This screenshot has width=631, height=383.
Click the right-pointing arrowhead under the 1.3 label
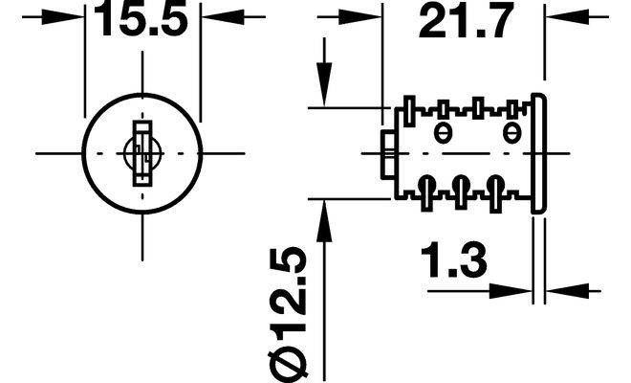click(517, 289)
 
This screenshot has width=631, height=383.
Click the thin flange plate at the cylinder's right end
click(538, 152)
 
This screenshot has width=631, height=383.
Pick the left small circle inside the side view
click(441, 132)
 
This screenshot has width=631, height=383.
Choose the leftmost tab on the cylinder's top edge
click(409, 107)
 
